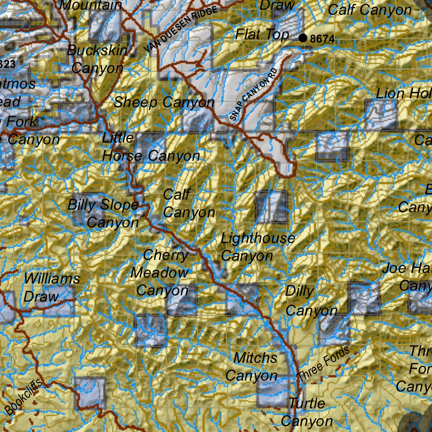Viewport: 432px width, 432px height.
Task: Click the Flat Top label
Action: pos(262,34)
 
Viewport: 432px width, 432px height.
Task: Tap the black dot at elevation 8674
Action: pos(302,38)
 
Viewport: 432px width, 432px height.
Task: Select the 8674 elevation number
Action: pos(322,40)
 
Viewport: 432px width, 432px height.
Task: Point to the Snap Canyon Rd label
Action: pos(255,95)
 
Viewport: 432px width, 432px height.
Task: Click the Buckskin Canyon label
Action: pos(97,59)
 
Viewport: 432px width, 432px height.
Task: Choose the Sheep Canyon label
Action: pos(164,102)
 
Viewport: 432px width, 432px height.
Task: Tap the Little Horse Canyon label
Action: pos(150,147)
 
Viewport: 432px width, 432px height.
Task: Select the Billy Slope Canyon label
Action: pos(104,213)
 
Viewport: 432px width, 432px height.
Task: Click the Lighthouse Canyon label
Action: pos(257,247)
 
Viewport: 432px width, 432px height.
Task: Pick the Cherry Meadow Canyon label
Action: pos(161,273)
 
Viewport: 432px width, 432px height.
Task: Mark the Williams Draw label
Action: pos(51,287)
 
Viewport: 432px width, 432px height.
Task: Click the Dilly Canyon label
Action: pos(310,301)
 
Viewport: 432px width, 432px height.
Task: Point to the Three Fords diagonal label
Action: pos(323,363)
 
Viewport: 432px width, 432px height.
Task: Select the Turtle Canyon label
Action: pos(307,412)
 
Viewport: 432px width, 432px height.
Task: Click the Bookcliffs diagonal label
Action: pos(24,397)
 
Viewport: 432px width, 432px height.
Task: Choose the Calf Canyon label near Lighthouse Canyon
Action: pos(189,204)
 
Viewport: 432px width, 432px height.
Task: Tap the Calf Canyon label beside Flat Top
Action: pos(370,10)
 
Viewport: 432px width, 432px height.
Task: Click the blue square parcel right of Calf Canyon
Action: pos(272,207)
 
